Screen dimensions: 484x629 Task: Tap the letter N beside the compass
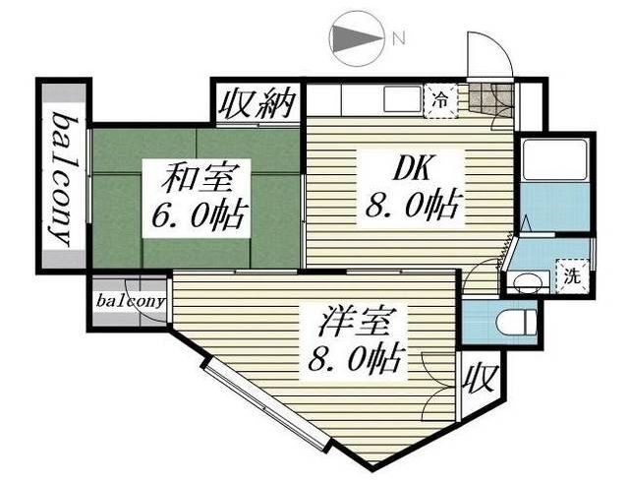(398, 39)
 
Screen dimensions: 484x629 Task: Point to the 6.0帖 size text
(196, 213)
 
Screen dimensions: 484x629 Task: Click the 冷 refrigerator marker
(441, 99)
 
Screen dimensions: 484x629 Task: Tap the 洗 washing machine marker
(572, 277)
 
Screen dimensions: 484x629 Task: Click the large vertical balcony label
(64, 178)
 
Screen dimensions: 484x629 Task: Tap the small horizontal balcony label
(130, 302)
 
